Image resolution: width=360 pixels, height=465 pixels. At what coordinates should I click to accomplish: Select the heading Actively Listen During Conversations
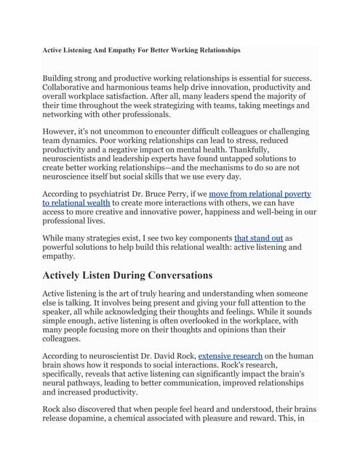pos(128,275)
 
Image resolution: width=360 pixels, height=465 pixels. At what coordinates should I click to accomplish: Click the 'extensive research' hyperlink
pos(231,356)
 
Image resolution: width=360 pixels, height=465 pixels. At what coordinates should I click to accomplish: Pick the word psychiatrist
pos(111,195)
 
